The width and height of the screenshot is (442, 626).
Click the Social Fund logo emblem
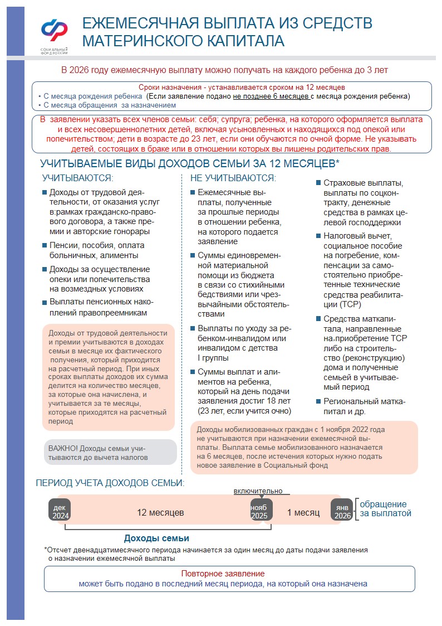click(x=54, y=31)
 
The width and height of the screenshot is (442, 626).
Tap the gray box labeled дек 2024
click(x=60, y=512)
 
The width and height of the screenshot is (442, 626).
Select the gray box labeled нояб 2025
click(x=259, y=512)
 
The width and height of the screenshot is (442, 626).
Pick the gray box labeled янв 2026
click(x=342, y=512)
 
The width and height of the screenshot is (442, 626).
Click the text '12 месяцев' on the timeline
click(x=160, y=512)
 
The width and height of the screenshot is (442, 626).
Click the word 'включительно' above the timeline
click(x=258, y=491)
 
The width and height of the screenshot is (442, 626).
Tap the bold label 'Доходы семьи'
click(x=156, y=538)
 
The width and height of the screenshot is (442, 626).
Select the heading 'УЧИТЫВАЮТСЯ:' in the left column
click(x=78, y=178)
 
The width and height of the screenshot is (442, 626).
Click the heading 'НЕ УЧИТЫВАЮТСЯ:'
click(x=233, y=178)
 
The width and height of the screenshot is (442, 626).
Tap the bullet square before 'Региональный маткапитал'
click(x=318, y=401)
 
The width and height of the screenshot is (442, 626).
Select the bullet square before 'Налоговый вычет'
click(x=318, y=236)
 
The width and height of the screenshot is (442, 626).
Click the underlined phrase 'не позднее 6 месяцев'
click(x=271, y=96)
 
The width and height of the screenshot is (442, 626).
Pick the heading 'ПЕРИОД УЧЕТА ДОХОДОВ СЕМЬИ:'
click(x=110, y=483)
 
